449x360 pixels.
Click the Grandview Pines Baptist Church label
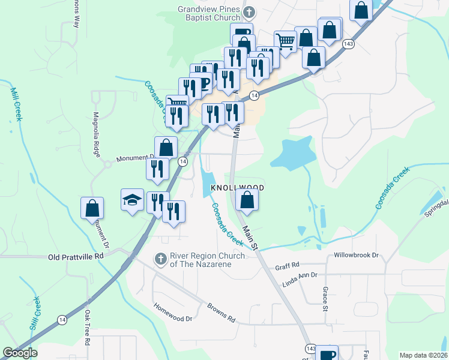point(208,13)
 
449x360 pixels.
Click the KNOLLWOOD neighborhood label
point(238,188)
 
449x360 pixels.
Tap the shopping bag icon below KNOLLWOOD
point(247,200)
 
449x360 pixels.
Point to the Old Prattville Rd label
point(76,256)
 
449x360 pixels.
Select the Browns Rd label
point(220,313)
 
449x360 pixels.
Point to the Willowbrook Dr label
point(358,255)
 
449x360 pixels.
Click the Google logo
point(20,353)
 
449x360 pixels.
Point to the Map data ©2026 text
point(423,355)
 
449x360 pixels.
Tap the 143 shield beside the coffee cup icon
point(310,349)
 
